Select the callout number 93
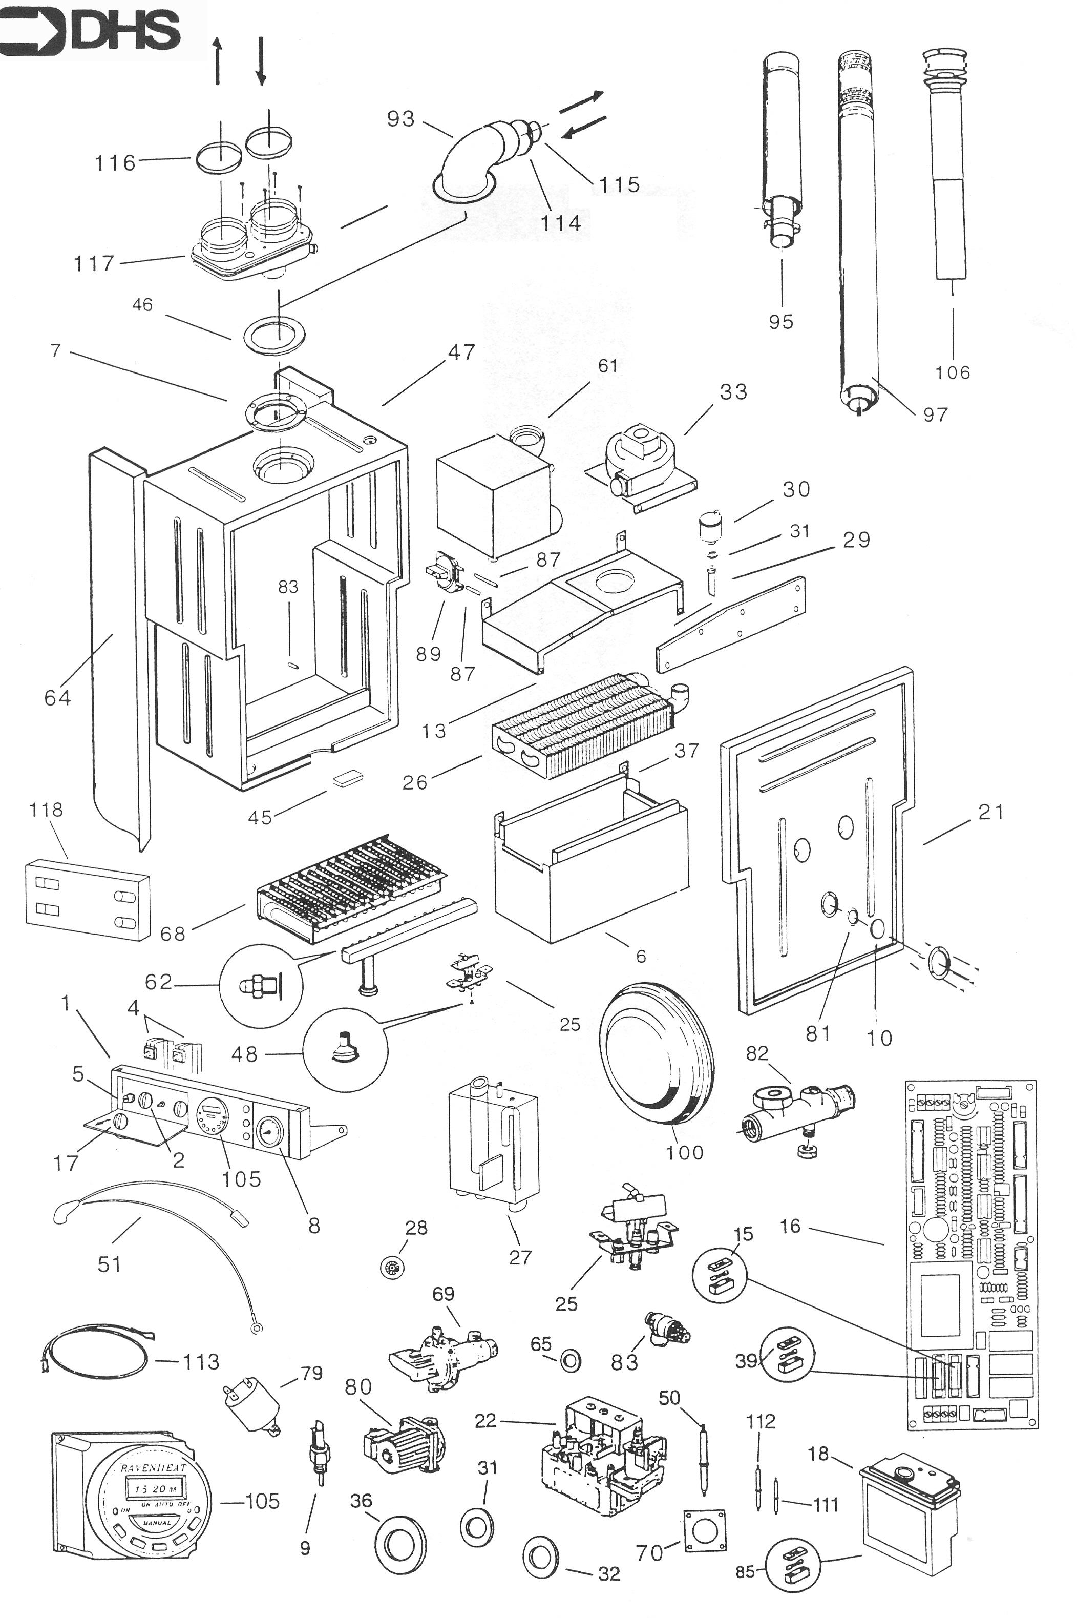point(401,119)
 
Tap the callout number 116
point(115,163)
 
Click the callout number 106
point(953,372)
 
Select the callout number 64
point(58,697)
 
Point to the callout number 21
point(990,812)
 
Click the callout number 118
point(46,810)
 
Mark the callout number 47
point(461,352)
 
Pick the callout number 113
point(201,1362)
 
